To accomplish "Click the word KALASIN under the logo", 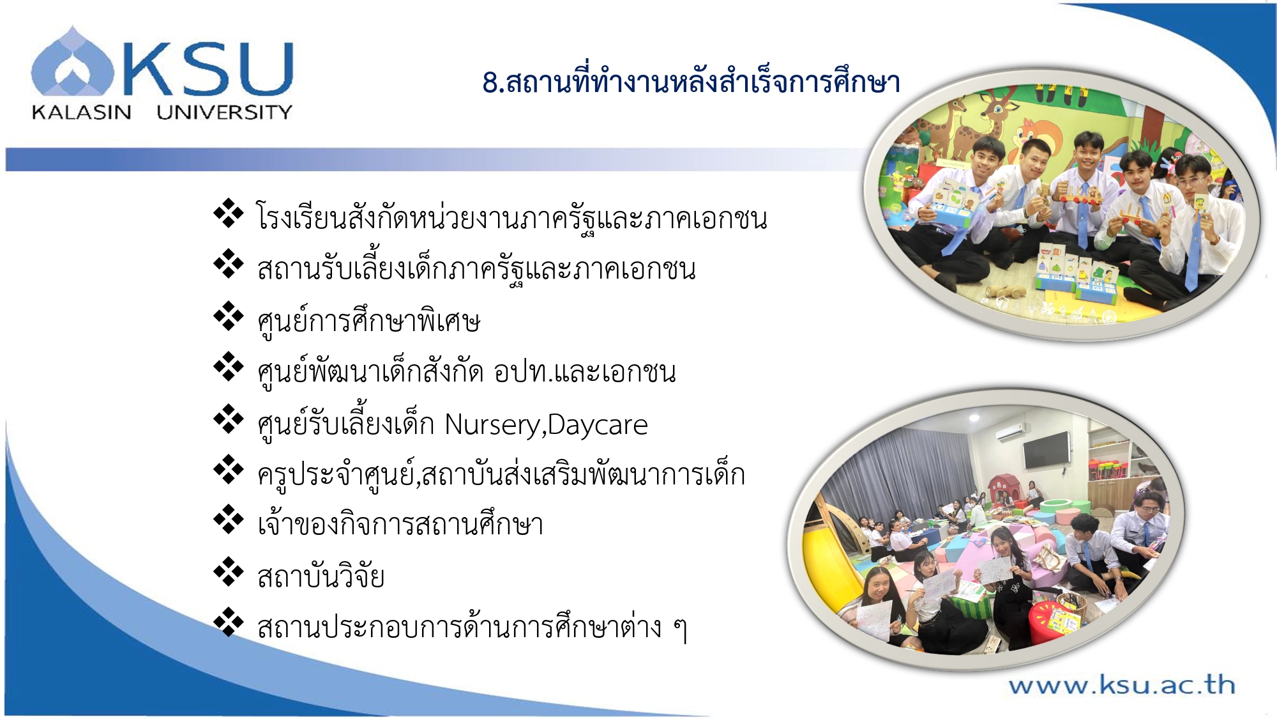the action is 81,112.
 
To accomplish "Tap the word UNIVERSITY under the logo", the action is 224,112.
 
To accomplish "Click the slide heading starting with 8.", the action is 691,82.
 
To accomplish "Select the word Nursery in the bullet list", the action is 492,425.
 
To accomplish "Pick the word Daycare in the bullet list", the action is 598,425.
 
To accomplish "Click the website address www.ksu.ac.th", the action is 1122,685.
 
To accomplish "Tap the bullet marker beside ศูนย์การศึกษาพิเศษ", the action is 229,316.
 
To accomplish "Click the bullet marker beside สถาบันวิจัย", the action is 229,571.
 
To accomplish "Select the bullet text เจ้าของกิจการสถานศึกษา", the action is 400,525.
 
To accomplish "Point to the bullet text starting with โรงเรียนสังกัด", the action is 511,217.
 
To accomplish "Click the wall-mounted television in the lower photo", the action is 1047,449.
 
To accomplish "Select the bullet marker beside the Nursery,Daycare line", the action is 229,419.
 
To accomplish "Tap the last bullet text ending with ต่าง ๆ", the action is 472,627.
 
